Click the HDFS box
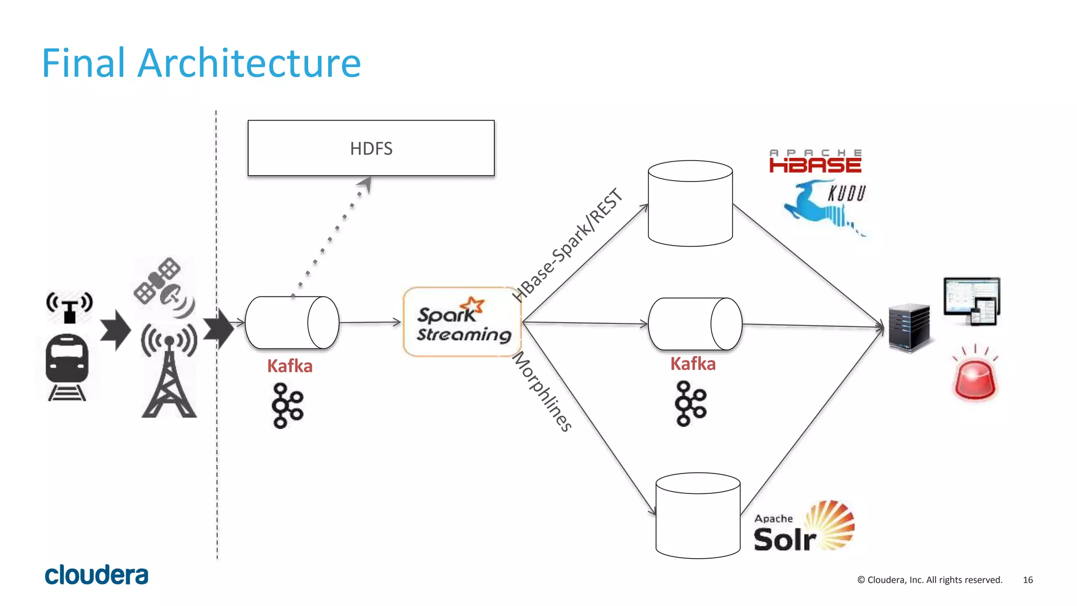(x=371, y=148)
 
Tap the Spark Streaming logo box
(x=462, y=322)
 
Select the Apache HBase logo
(x=815, y=161)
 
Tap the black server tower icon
(x=909, y=328)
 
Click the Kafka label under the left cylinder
(x=290, y=366)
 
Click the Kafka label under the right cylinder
(x=693, y=363)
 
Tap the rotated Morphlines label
(x=542, y=392)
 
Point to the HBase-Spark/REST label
(x=568, y=245)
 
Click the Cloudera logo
(x=97, y=575)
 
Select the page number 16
(x=1028, y=580)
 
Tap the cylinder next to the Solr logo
(x=698, y=516)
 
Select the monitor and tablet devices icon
(x=972, y=301)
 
